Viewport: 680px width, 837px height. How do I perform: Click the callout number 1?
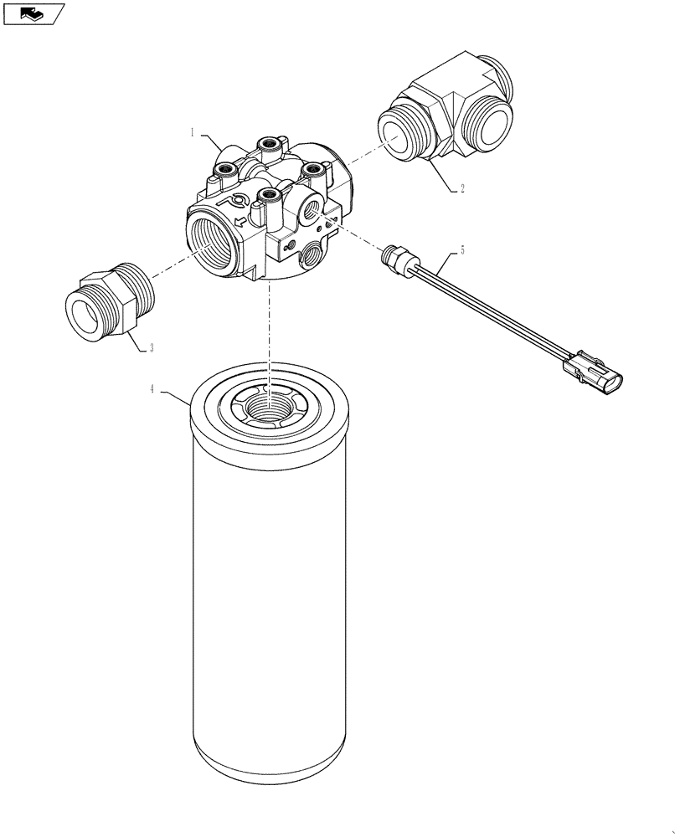click(192, 132)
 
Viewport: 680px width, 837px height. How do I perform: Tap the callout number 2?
click(461, 189)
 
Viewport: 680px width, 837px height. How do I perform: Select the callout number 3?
click(152, 349)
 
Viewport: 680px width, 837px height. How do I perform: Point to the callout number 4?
click(152, 388)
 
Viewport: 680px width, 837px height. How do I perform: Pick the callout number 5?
click(461, 250)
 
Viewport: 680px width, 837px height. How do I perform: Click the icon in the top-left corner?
click(33, 13)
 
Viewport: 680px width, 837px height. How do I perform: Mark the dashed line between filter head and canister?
click(270, 335)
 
